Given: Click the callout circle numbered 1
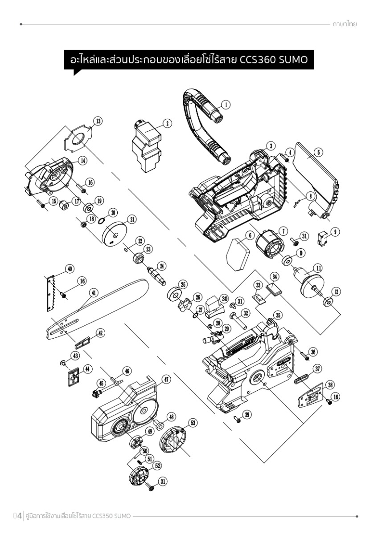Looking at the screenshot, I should point(226,105).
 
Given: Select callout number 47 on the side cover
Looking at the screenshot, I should point(166,380).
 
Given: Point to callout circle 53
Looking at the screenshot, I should point(193,423).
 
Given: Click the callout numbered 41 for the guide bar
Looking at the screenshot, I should point(93,292).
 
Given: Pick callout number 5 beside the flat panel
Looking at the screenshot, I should point(319,152).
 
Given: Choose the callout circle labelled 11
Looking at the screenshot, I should point(318,268).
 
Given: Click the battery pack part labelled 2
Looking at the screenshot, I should point(146,146).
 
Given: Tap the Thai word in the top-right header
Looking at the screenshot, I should point(344,24).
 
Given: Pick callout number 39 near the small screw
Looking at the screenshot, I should point(247,414).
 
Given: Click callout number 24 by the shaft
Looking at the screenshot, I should point(162,266).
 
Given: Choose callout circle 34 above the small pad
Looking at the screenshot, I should point(275,277).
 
